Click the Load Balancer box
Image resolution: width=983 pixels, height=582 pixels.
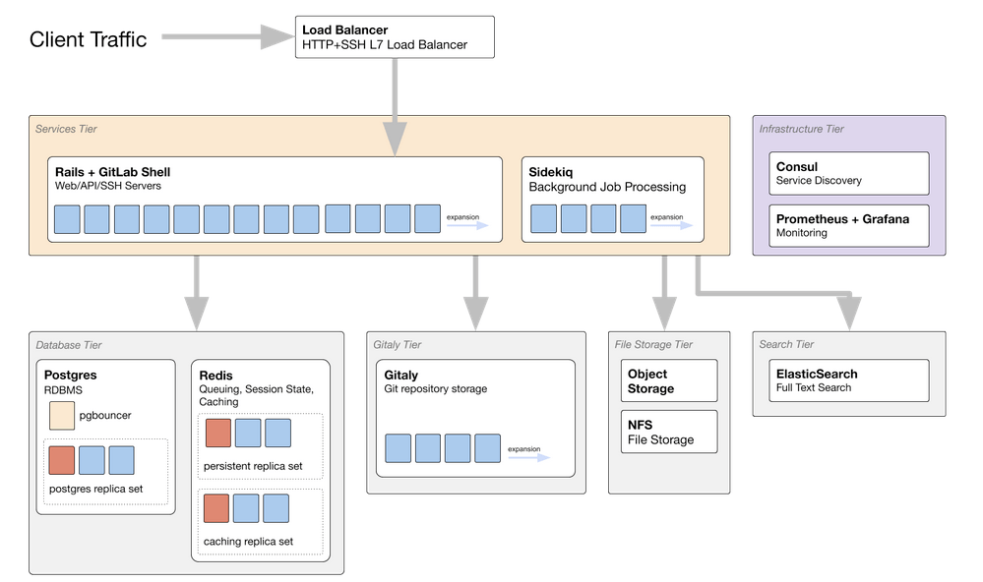[395, 37]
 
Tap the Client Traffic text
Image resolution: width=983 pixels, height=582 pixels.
[88, 39]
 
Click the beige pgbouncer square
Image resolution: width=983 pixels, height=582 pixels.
[61, 415]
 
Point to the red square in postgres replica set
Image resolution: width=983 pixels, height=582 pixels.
[61, 460]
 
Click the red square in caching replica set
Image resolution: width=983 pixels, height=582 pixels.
[216, 508]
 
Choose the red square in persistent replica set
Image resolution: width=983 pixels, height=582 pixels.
[216, 433]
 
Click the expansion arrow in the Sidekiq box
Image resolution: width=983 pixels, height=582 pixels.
[670, 225]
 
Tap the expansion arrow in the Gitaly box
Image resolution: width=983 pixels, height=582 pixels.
[528, 457]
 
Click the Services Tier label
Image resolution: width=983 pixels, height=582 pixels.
[66, 129]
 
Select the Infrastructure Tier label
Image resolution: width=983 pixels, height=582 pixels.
[801, 129]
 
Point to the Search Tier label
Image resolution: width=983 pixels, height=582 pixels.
[786, 344]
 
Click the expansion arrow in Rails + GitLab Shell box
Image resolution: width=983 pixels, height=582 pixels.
[466, 225]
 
